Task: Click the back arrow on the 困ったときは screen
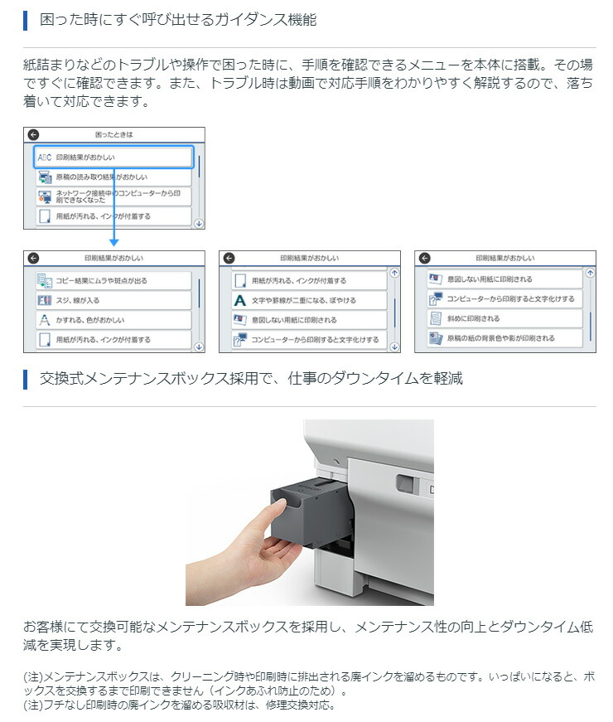click(x=33, y=134)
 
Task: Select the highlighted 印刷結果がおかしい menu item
click(x=113, y=157)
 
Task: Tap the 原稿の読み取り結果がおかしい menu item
click(x=113, y=177)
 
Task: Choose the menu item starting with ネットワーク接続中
click(x=113, y=196)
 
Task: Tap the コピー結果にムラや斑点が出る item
click(x=113, y=280)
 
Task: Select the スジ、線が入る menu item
click(x=113, y=300)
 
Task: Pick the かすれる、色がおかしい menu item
click(x=113, y=320)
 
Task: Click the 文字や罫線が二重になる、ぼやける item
click(x=309, y=300)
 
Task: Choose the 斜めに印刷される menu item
click(x=504, y=318)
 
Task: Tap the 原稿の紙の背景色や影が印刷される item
click(x=504, y=338)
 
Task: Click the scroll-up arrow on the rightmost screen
click(x=590, y=273)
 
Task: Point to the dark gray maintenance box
click(x=309, y=512)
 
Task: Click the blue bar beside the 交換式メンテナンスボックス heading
click(x=26, y=379)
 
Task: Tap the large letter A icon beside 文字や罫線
click(x=239, y=301)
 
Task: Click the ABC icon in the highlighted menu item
click(x=45, y=157)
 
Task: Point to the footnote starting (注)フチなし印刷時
click(x=180, y=705)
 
